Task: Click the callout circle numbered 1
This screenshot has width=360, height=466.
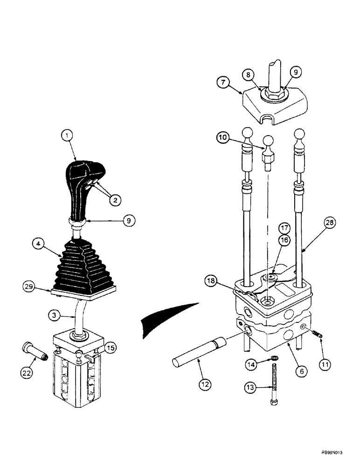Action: [x=68, y=136]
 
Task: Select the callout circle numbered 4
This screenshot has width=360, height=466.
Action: [x=39, y=243]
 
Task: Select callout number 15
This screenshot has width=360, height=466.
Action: [x=110, y=347]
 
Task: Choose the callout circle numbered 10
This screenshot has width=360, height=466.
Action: [x=223, y=137]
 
